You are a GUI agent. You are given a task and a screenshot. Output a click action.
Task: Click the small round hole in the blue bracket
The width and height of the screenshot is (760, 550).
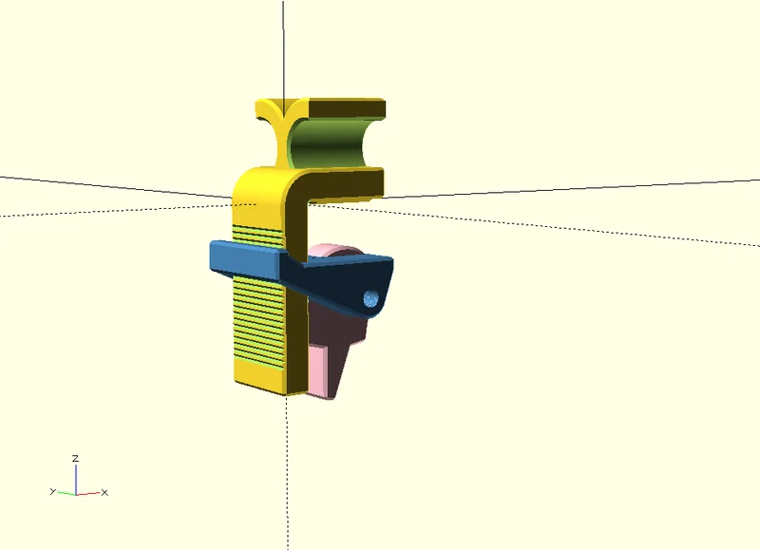tap(370, 299)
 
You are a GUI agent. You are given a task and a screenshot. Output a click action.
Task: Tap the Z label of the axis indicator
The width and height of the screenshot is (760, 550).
tap(75, 458)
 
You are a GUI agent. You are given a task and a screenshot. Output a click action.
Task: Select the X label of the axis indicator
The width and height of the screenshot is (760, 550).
tap(104, 493)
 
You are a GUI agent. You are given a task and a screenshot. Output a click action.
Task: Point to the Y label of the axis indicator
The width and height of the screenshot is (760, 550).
tap(53, 491)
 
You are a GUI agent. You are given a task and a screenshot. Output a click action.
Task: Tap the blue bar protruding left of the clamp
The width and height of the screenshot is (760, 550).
tap(245, 259)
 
